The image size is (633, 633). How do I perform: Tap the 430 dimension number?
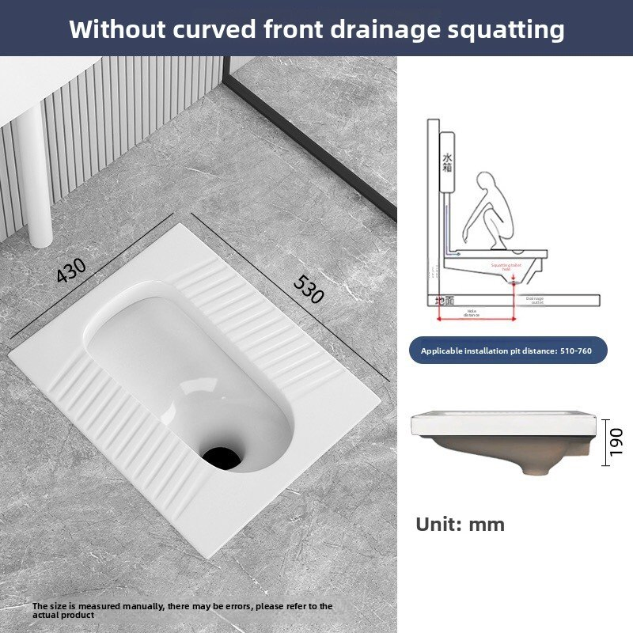coord(72,271)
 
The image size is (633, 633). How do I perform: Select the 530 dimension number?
coord(309,289)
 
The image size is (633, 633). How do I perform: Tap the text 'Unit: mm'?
coord(460,524)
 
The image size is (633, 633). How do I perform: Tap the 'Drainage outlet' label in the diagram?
coord(536,300)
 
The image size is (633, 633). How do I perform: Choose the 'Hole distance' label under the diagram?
coord(472,313)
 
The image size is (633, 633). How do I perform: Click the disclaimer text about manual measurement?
coord(182,610)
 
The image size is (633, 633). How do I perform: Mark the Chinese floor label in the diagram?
coord(445,301)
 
